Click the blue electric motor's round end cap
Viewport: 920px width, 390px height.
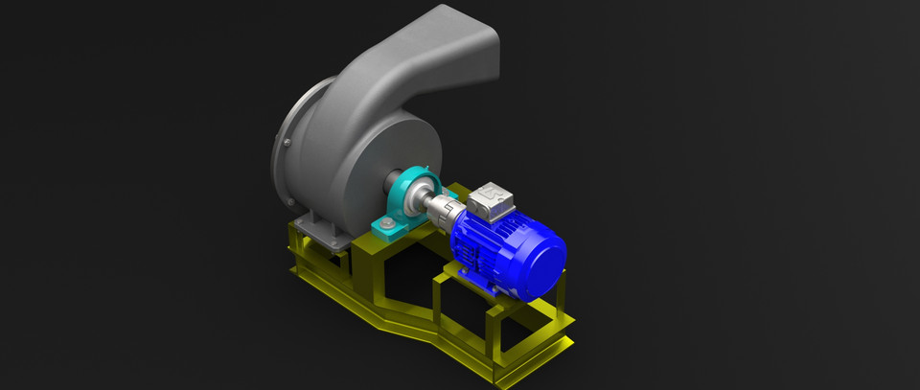pos(538,260)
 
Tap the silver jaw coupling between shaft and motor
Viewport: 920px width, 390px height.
pos(444,208)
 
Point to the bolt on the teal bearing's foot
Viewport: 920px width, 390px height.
pos(384,225)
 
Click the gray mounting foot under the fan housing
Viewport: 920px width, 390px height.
pos(316,228)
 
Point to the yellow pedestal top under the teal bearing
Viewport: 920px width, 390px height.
pos(402,240)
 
